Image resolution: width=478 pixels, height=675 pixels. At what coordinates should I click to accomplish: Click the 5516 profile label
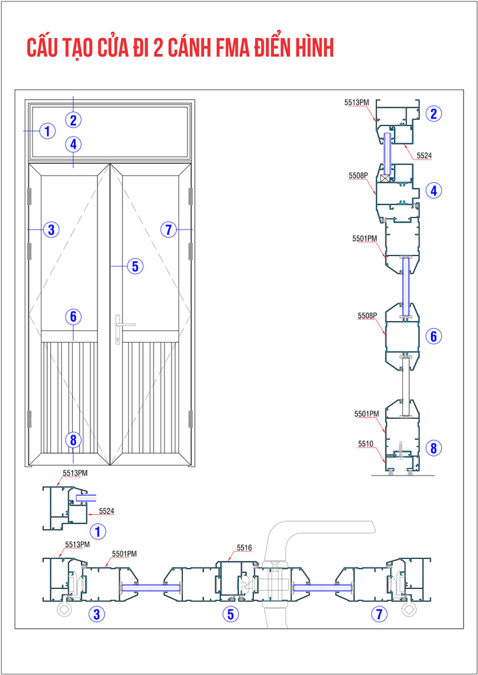244,548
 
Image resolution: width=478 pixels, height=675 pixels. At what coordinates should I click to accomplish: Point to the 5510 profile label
366,443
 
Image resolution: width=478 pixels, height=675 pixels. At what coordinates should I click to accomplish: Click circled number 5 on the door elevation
134,266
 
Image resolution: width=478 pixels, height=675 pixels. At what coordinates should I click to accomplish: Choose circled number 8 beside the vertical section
433,449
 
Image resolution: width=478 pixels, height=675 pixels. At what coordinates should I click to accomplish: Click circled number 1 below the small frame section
98,532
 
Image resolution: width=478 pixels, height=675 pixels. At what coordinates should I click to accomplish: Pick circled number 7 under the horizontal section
379,614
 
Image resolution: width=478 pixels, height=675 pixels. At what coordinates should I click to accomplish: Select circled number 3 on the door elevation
51,230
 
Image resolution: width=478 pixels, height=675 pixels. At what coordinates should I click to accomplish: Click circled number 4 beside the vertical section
433,191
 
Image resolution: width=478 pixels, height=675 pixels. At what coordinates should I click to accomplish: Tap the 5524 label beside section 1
107,511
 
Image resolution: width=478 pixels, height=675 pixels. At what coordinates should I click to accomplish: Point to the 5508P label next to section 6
367,316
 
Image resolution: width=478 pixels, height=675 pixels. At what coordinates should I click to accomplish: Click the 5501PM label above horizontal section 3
124,554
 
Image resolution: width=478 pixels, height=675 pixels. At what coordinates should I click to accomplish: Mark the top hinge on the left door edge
30,196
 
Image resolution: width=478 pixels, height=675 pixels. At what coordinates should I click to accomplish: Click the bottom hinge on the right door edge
191,419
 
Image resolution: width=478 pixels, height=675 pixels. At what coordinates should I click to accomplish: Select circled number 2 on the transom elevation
73,120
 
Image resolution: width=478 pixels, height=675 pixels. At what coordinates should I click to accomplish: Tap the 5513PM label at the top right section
357,103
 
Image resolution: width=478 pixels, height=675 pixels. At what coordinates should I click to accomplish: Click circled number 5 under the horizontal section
231,614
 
